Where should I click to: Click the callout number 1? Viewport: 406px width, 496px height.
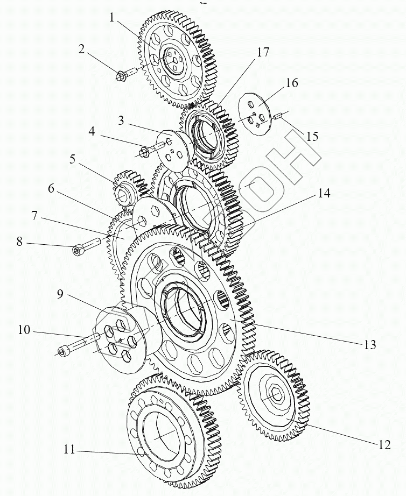point(112,18)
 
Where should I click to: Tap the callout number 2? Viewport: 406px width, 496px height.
point(81,49)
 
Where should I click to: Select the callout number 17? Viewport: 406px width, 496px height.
point(263,53)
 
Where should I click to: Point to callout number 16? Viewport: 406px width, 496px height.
point(292,83)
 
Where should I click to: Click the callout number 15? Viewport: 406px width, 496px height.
point(312,136)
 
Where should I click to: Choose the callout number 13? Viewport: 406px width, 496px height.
point(369,345)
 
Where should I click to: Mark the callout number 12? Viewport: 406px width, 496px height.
point(384,444)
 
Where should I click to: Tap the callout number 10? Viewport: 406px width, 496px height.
point(24,329)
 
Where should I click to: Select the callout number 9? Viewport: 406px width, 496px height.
point(60,294)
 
